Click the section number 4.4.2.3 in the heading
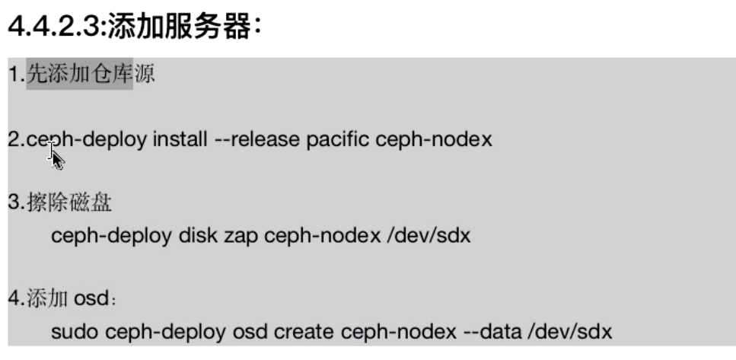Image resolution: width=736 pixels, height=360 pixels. pyautogui.click(x=54, y=28)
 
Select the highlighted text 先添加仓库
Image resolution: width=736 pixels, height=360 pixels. pyautogui.click(x=79, y=75)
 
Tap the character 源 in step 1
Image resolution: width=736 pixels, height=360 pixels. pyautogui.click(x=144, y=75)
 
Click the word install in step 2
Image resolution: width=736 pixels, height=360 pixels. pyautogui.click(x=180, y=140)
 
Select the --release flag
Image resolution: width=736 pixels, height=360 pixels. pyautogui.click(x=257, y=140)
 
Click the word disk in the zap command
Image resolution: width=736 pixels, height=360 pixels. pyautogui.click(x=198, y=236)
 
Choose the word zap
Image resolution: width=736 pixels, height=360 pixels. pyautogui.click(x=241, y=236)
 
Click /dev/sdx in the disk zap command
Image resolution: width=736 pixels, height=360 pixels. pyautogui.click(x=429, y=236)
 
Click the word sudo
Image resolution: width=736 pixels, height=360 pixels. pyautogui.click(x=75, y=332)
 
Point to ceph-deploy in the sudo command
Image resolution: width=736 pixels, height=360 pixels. pyautogui.click(x=166, y=332)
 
